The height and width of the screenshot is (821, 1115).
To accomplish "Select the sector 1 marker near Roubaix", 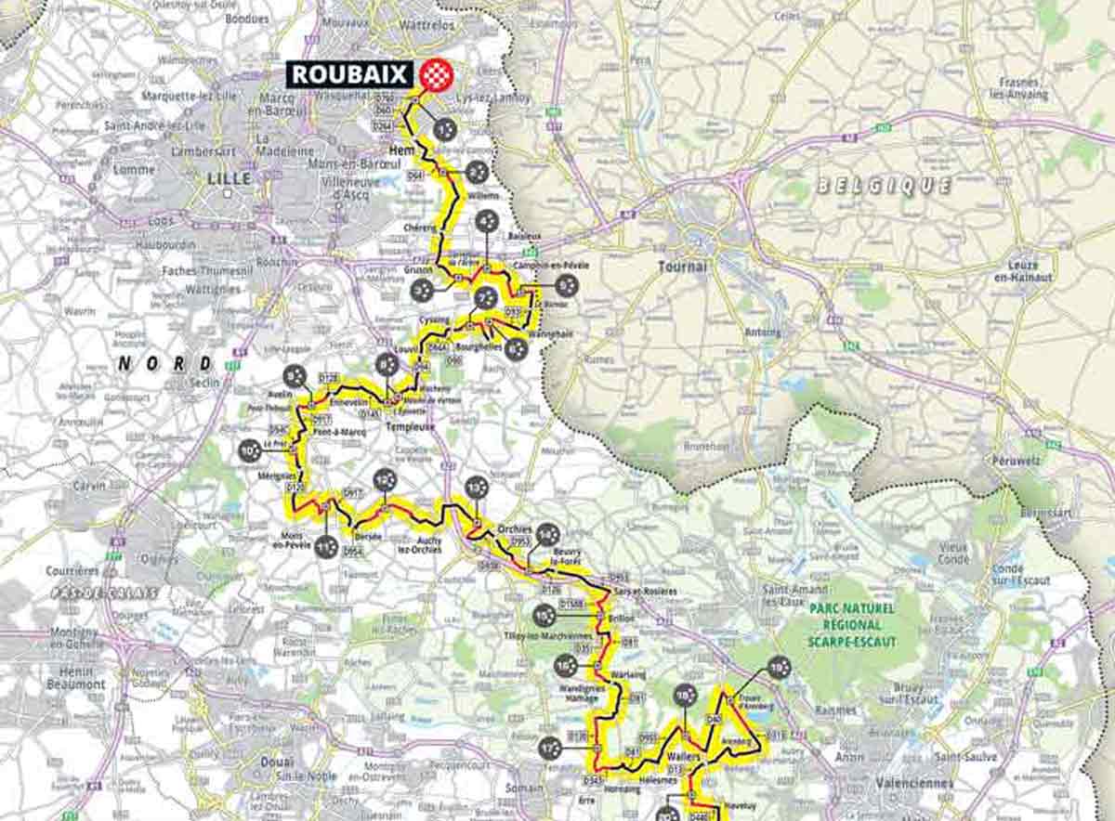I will [445, 130].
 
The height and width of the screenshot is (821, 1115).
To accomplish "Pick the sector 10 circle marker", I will [248, 450].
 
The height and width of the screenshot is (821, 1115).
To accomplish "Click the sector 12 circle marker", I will [384, 479].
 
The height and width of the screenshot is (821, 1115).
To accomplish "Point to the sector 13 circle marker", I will [476, 487].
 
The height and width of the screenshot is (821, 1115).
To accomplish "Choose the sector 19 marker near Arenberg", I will [779, 666].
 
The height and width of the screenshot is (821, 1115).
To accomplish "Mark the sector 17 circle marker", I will [550, 746].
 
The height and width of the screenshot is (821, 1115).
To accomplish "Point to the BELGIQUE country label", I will [883, 185].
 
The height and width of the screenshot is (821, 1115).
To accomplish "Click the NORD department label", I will [164, 363].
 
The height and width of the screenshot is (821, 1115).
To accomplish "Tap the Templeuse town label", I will [410, 426].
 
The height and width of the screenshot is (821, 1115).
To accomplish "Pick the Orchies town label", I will [515, 528].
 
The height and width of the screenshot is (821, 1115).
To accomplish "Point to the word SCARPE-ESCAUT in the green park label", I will [850, 641].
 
